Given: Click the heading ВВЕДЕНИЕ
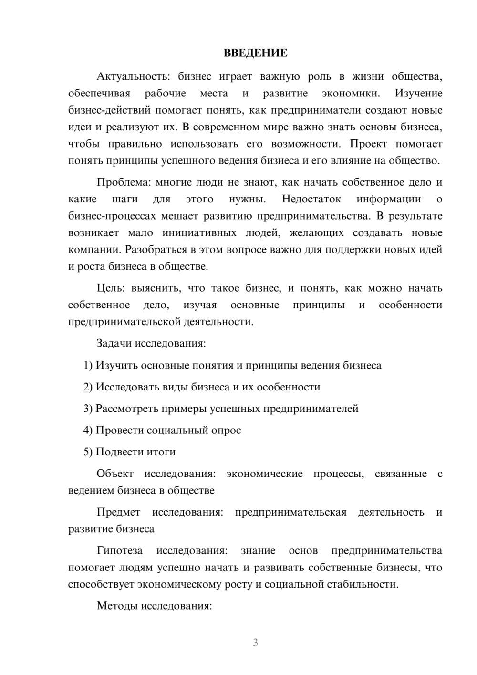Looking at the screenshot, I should pyautogui.click(x=255, y=53).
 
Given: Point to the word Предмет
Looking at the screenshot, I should pyautogui.click(x=118, y=512).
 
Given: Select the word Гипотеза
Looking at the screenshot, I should pyautogui.click(x=119, y=550).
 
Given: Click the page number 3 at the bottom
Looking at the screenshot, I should pyautogui.click(x=255, y=643).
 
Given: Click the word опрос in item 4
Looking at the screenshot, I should pyautogui.click(x=227, y=430).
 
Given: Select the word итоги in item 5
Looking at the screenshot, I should pyautogui.click(x=162, y=452).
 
